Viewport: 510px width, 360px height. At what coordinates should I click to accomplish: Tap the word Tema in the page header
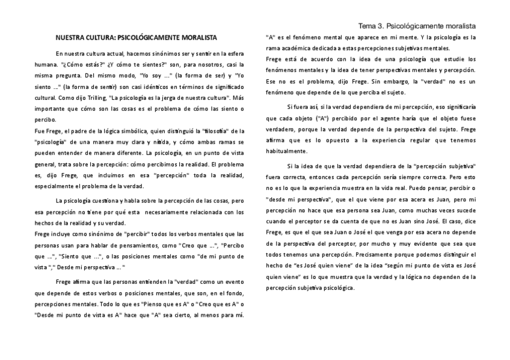tap(367, 26)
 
